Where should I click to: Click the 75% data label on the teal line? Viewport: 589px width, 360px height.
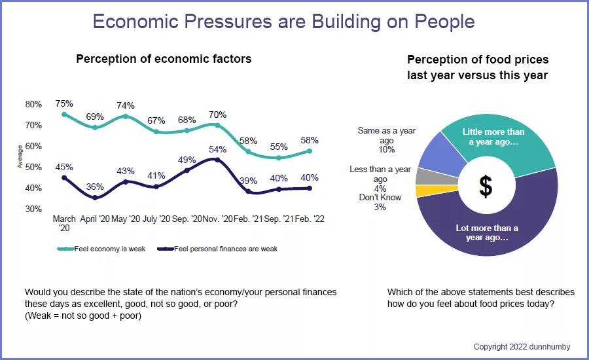tap(64, 103)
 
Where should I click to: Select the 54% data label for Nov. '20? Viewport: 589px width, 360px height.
tap(217, 149)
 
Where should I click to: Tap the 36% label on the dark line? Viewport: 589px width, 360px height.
tap(95, 186)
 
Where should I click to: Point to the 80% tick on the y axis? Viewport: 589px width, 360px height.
tap(33, 104)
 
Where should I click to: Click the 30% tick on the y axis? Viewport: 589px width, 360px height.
tap(33, 209)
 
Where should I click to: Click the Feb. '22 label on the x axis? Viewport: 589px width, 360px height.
tap(310, 219)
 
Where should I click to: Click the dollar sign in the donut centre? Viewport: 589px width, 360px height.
tap(486, 187)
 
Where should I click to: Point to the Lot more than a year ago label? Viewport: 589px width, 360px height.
tap(486, 232)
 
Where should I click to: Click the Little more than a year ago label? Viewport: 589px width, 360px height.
tap(493, 136)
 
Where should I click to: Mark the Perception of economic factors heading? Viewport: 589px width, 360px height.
tap(164, 59)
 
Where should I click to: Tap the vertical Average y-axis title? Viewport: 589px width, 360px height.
tap(20, 157)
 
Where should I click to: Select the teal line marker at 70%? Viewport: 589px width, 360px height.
tap(217, 125)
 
